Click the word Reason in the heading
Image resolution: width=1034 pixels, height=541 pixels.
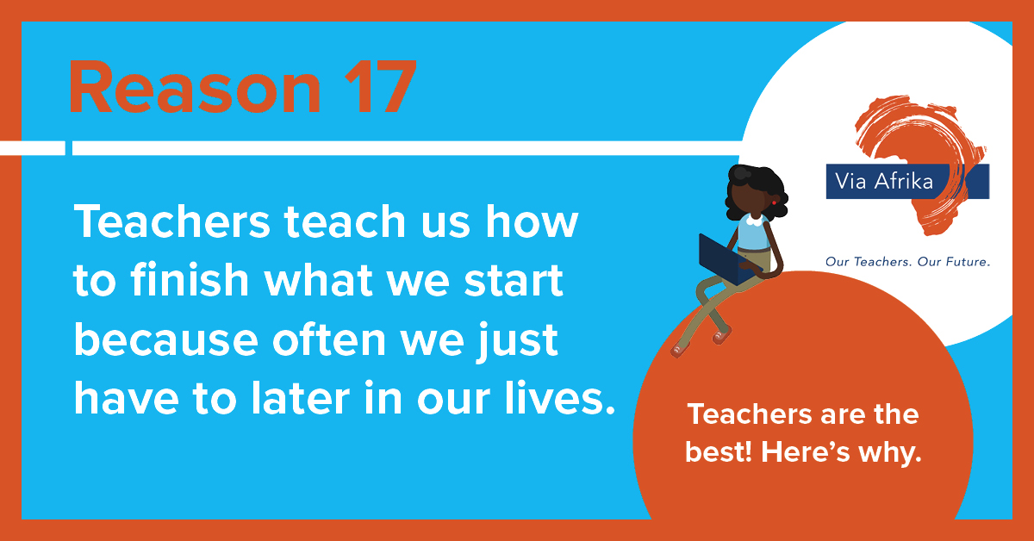pos(195,86)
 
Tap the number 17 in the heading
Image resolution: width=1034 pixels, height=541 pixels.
pos(380,86)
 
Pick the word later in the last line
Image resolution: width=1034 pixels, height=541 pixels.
pos(301,398)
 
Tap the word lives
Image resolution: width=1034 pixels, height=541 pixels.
pos(560,398)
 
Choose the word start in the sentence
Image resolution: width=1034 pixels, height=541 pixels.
pos(514,281)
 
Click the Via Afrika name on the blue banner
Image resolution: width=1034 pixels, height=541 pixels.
pos(884,181)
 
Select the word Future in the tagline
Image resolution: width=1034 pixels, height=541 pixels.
pos(967,262)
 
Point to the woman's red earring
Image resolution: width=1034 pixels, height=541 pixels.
pos(774,202)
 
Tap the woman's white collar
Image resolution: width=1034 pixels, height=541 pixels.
pos(755,221)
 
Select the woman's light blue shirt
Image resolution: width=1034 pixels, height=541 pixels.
pos(753,234)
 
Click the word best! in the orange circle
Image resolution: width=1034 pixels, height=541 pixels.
pos(719,451)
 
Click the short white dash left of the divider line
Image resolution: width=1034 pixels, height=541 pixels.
pos(33,148)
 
